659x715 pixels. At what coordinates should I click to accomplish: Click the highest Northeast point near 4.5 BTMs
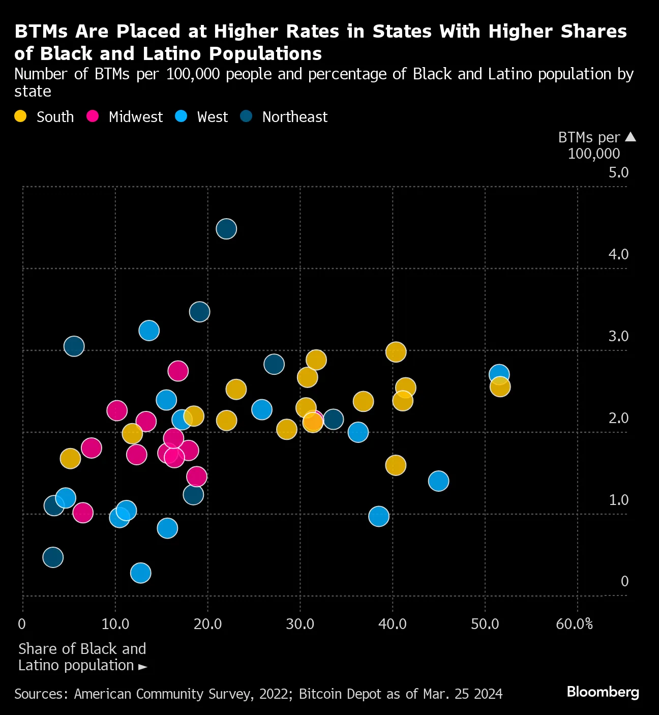pyautogui.click(x=226, y=229)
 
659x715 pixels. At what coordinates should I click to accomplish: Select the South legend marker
pyautogui.click(x=20, y=116)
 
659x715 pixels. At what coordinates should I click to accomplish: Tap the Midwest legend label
pyautogui.click(x=135, y=117)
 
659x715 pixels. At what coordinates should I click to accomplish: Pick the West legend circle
pyautogui.click(x=181, y=116)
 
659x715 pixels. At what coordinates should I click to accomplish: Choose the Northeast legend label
pyautogui.click(x=294, y=117)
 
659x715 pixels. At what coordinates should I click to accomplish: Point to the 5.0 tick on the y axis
pyautogui.click(x=618, y=172)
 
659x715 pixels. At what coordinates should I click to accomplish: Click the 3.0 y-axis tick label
pyautogui.click(x=618, y=336)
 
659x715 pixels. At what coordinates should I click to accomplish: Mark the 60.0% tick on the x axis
pyautogui.click(x=574, y=624)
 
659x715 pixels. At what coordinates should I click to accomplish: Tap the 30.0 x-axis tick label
pyautogui.click(x=300, y=624)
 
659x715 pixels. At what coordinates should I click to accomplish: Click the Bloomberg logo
pyautogui.click(x=603, y=692)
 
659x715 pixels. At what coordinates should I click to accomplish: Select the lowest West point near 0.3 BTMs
pyautogui.click(x=141, y=573)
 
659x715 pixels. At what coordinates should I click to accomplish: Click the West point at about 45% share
pyautogui.click(x=438, y=481)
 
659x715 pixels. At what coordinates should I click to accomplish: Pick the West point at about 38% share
pyautogui.click(x=379, y=516)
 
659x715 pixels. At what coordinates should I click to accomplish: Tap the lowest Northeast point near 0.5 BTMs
pyautogui.click(x=53, y=557)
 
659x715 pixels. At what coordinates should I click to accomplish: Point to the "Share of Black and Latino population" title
pyautogui.click(x=82, y=657)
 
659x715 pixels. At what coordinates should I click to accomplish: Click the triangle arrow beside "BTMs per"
pyautogui.click(x=630, y=137)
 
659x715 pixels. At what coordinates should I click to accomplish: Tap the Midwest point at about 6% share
pyautogui.click(x=83, y=513)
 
